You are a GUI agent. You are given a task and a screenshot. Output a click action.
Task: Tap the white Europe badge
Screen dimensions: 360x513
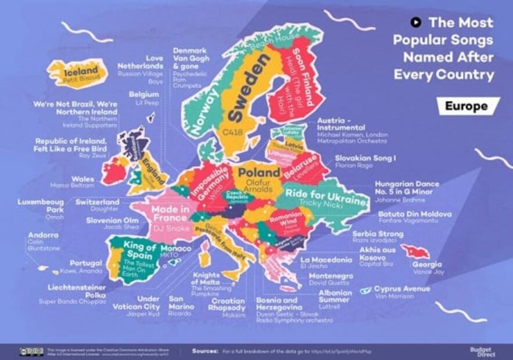click(x=468, y=106)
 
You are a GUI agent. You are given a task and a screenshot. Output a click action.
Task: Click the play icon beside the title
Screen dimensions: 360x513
click(x=415, y=23)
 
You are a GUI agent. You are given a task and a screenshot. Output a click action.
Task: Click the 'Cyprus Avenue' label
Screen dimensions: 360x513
click(x=402, y=289)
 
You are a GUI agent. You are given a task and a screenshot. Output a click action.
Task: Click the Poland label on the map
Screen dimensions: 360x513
click(x=259, y=173)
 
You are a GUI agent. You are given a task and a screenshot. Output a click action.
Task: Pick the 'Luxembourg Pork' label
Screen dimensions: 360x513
click(x=41, y=206)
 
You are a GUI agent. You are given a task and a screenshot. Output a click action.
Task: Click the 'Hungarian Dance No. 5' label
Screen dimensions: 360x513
click(x=407, y=188)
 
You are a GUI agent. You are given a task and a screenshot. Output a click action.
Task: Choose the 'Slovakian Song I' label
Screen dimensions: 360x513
click(x=365, y=158)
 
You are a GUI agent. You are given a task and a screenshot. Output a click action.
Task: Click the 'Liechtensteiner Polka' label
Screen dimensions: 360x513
click(x=77, y=291)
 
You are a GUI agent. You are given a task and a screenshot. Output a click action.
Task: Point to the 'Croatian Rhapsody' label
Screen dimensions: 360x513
click(x=228, y=304)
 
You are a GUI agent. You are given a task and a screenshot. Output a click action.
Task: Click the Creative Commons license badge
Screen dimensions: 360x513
click(x=31, y=351)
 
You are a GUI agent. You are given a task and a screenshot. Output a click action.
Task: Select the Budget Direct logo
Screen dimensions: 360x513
click(x=481, y=351)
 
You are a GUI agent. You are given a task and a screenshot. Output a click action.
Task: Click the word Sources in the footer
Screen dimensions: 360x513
click(x=205, y=351)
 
